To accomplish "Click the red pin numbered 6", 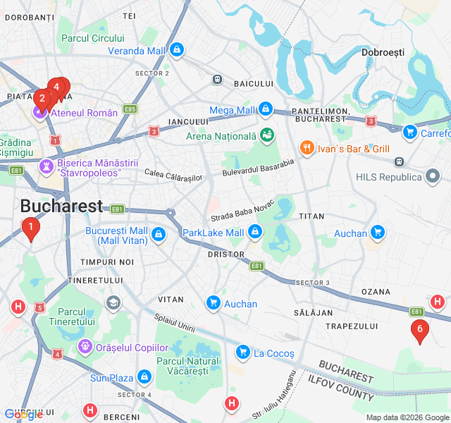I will pyautogui.click(x=420, y=329).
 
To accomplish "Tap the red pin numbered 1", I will pyautogui.click(x=30, y=227).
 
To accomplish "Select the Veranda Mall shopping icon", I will pyautogui.click(x=176, y=50).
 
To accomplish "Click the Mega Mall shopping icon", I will pyautogui.click(x=266, y=110).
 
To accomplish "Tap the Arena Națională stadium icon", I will pyautogui.click(x=267, y=135).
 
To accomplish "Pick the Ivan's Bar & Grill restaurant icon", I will pyautogui.click(x=307, y=148).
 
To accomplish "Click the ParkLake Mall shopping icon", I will pyautogui.click(x=254, y=232).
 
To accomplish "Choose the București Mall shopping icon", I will pyautogui.click(x=159, y=234).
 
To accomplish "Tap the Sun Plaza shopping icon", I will pyautogui.click(x=144, y=378).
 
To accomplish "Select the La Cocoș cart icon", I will pyautogui.click(x=242, y=352).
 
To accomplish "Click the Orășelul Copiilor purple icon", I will pyautogui.click(x=85, y=347).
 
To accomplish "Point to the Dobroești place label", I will pyautogui.click(x=383, y=52).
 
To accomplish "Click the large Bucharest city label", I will pyautogui.click(x=61, y=206).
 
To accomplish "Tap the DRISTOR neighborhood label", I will pyautogui.click(x=226, y=254).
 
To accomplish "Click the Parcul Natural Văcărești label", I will pyautogui.click(x=187, y=366).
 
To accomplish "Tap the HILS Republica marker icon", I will pyautogui.click(x=433, y=176).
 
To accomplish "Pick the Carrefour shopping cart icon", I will pyautogui.click(x=409, y=132).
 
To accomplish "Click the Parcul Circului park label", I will pyautogui.click(x=92, y=38).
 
